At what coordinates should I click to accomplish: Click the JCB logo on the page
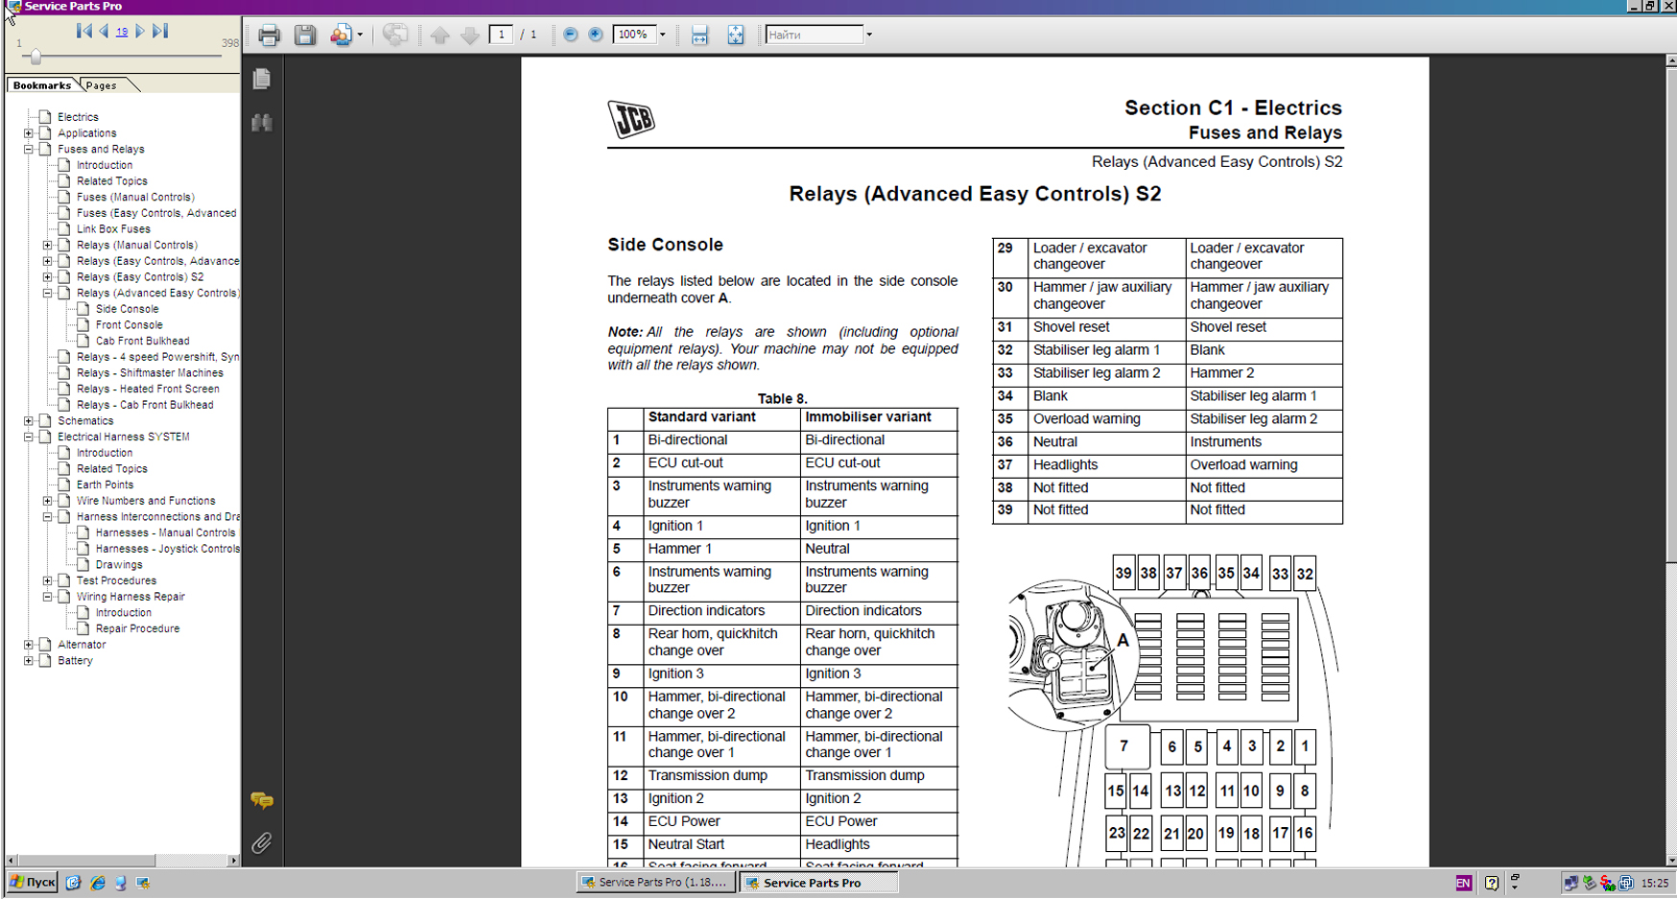[631, 119]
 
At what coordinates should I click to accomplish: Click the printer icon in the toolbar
[269, 35]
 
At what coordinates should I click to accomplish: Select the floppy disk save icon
[305, 35]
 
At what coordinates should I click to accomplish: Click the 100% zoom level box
[633, 35]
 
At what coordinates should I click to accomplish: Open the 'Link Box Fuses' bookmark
[113, 229]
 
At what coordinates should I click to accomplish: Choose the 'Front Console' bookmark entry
[129, 325]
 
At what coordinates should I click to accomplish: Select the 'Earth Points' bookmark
[105, 485]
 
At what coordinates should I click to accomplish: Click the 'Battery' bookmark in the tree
[75, 661]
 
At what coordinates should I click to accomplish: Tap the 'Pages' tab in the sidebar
[101, 85]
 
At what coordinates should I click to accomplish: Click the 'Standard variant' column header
[701, 417]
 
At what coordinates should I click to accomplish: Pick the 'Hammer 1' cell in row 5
[679, 549]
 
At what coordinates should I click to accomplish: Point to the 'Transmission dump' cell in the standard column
[707, 775]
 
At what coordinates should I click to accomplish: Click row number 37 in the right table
[1004, 464]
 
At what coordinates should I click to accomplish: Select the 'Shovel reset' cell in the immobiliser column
[1228, 327]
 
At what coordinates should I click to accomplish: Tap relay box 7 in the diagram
[1124, 745]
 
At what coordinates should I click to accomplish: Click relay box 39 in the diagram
[1123, 573]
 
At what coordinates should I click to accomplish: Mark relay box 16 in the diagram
[1304, 833]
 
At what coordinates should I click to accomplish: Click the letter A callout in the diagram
[1122, 640]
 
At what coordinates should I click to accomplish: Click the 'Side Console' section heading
[665, 245]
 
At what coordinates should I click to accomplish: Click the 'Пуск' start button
[33, 883]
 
